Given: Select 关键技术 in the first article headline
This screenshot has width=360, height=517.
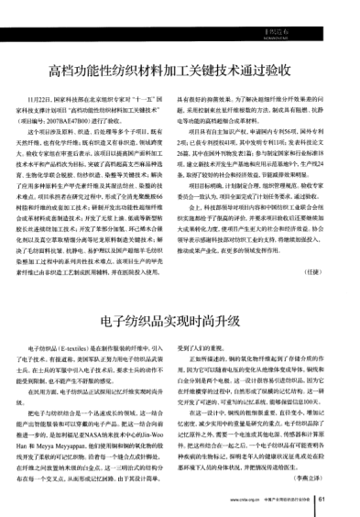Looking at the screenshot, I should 220,70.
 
